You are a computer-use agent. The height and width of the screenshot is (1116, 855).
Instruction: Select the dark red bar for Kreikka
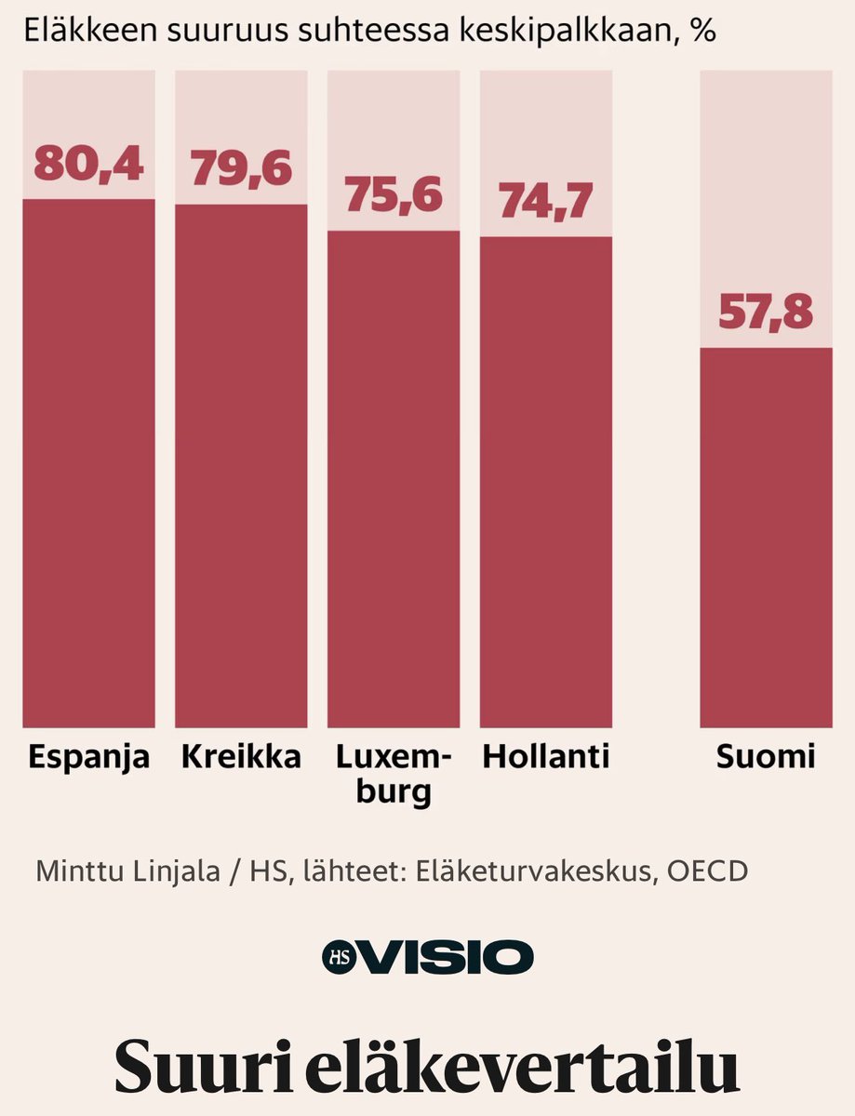(x=241, y=465)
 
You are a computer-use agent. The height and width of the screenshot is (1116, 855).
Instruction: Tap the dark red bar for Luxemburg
(x=393, y=479)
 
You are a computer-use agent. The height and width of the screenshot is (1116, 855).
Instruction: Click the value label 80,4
(x=88, y=164)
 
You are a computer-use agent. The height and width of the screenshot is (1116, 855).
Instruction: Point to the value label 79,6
(x=241, y=168)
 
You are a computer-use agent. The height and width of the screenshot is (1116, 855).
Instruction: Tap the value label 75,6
(x=394, y=195)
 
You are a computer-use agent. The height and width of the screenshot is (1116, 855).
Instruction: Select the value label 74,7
(x=545, y=202)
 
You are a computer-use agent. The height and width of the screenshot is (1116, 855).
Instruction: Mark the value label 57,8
(x=766, y=312)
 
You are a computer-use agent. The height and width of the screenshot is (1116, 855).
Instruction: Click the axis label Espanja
(x=88, y=758)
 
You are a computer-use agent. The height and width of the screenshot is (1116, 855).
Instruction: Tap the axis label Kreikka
(x=241, y=757)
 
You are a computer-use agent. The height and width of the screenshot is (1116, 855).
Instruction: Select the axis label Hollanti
(x=545, y=757)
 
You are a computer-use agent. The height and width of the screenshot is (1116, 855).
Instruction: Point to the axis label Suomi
(x=766, y=757)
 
